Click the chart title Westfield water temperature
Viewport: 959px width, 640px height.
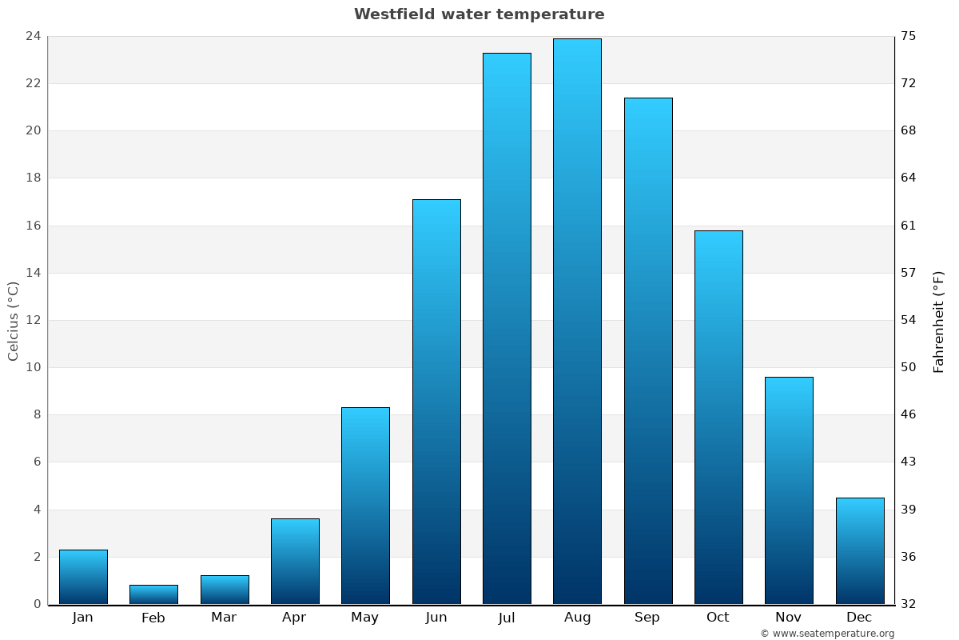(479, 14)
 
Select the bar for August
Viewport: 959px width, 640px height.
(577, 320)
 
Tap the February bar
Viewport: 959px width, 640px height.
(153, 594)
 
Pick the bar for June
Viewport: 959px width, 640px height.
(436, 400)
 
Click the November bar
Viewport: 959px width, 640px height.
(789, 490)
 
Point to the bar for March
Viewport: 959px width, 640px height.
(225, 590)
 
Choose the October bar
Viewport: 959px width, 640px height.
(718, 416)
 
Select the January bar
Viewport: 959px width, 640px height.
(83, 577)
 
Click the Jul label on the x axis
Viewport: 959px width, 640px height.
(507, 618)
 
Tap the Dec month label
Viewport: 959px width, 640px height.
(859, 618)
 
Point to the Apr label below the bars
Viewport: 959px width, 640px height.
(294, 618)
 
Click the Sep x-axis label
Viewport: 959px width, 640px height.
(647, 618)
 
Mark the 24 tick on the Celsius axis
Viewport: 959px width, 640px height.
(34, 36)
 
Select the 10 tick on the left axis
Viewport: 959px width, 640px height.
(34, 368)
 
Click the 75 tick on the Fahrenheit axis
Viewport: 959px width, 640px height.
(909, 36)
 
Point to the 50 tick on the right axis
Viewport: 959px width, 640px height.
(909, 368)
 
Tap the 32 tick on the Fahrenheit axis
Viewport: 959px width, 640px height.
(909, 604)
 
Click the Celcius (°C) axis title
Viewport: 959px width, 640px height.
(14, 320)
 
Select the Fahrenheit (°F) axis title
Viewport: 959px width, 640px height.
(938, 322)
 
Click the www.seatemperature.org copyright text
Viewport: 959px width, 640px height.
(827, 634)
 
